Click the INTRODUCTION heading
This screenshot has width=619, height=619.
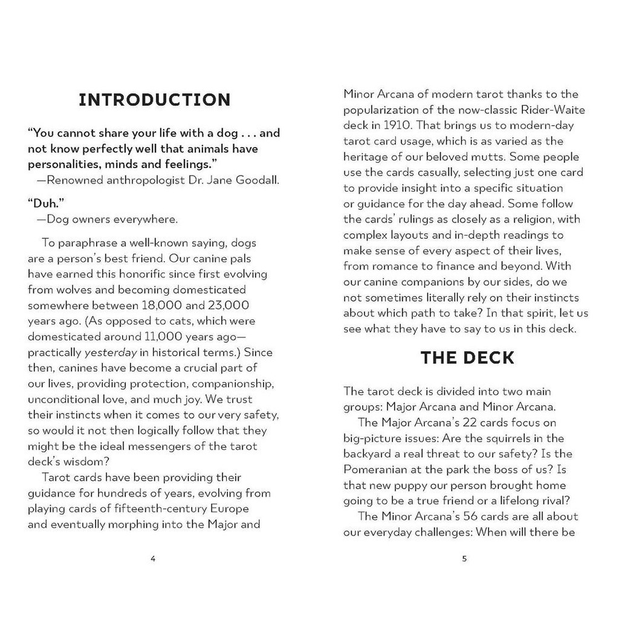[x=155, y=100]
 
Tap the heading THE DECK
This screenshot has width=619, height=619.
[x=467, y=358]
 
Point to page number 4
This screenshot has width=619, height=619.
[x=153, y=559]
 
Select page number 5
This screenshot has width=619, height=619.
[x=464, y=559]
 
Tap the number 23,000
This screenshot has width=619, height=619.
[x=228, y=305]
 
